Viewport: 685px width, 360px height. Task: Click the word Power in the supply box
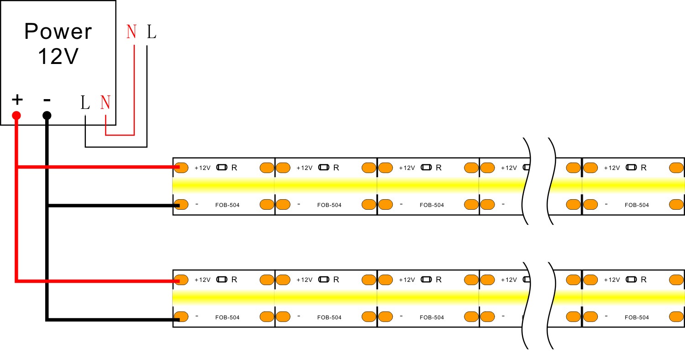58,31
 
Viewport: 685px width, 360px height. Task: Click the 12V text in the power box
58,56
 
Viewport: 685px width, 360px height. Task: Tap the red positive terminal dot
16,116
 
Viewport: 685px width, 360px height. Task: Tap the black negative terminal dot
47,116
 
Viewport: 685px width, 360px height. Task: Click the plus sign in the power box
17,100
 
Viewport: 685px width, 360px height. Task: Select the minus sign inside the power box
47,100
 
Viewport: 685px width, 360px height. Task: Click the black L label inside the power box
85,103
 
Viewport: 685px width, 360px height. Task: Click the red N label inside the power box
105,102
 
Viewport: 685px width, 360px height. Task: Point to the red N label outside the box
132,32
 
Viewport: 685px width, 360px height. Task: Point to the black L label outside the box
152,32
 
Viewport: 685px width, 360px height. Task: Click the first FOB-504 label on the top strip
227,205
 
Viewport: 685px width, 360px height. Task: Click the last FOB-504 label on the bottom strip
637,318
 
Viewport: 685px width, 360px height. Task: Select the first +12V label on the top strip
202,168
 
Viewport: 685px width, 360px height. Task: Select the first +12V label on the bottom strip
202,280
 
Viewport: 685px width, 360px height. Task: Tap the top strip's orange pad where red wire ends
181,168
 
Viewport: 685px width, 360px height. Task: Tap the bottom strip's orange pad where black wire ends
181,317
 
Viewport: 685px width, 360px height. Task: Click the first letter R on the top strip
234,168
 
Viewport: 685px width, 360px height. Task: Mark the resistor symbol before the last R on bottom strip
631,280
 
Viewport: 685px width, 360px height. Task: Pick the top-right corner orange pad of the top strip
676,168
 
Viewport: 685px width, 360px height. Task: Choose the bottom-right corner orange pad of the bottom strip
676,317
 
